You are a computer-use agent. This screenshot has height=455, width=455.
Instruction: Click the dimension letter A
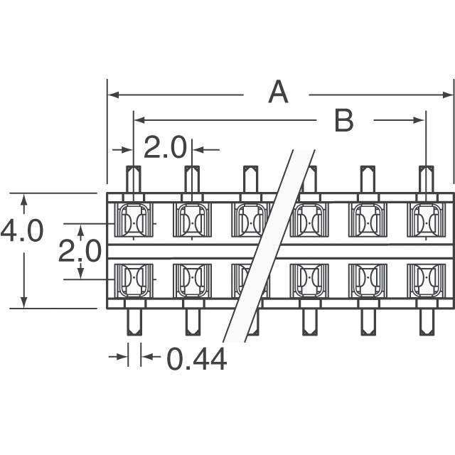278,92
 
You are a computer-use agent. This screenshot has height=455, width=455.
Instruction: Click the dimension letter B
344,121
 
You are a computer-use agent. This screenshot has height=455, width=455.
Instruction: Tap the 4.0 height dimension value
22,232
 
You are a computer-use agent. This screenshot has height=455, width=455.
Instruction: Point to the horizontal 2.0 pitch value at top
164,148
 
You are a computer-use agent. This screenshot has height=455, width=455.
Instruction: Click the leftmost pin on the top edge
134,179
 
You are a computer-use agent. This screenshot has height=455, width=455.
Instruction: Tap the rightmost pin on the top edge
426,179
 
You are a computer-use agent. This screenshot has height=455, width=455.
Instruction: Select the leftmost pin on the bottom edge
134,321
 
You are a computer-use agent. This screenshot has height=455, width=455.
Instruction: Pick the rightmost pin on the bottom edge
426,321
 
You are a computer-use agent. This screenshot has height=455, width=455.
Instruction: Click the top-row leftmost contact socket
134,220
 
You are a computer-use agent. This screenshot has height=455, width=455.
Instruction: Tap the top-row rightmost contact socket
426,220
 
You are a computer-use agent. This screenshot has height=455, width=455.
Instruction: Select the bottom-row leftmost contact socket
134,280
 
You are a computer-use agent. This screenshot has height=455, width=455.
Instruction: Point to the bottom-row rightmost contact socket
426,280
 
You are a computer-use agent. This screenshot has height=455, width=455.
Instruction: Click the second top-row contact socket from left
192,220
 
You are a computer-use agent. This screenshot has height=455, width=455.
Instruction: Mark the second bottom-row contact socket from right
368,280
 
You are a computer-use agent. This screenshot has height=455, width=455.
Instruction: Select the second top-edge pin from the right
368,179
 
